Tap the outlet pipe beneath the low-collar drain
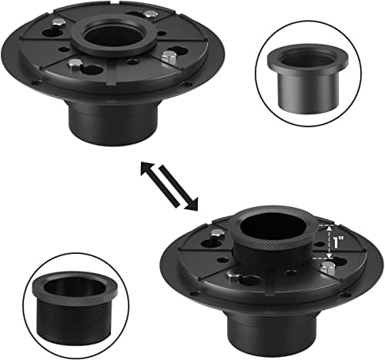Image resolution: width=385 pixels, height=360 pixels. (112, 122)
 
